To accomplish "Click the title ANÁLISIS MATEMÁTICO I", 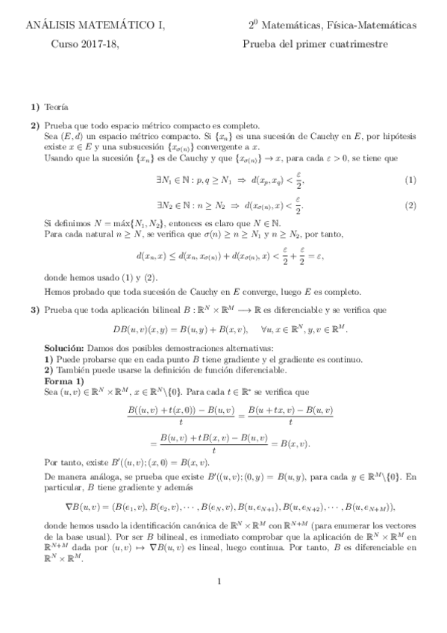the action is (x=96, y=26).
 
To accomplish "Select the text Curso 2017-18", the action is (x=84, y=44).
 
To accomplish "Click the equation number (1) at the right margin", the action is (x=410, y=181).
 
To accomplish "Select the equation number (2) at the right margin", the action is (x=410, y=205).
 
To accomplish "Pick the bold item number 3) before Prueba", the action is (x=35, y=308).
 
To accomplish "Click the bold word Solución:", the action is (x=64, y=349).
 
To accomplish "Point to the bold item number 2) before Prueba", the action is (x=35, y=125).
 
